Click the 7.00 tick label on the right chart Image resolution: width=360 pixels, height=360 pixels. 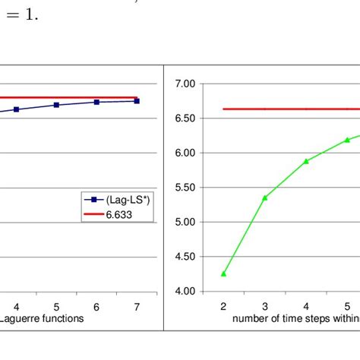pos(185,83)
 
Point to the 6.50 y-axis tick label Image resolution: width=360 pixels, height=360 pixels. pos(185,118)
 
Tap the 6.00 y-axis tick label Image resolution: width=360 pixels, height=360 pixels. pos(185,153)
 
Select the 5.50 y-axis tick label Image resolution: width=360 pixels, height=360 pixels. pos(185,188)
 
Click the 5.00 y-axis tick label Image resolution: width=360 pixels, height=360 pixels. pos(185,222)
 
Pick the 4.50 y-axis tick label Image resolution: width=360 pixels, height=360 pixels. pos(185,257)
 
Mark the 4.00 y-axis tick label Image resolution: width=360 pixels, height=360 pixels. pos(185,292)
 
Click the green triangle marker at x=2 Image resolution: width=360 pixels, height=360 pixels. pos(223,273)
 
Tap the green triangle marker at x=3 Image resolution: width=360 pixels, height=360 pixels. pos(264,197)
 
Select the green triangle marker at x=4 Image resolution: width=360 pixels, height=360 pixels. pos(306,161)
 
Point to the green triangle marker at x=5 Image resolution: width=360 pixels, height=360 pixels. pos(347,140)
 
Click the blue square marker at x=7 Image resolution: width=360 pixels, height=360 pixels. pos(137,100)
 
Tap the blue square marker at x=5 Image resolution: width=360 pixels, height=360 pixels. pos(56,105)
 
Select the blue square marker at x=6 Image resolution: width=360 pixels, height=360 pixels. pos(96,102)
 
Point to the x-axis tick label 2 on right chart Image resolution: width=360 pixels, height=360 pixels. pos(223,305)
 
